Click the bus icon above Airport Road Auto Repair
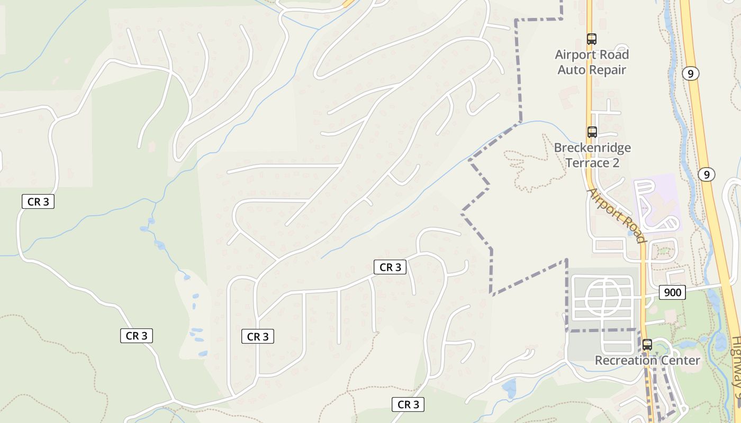(x=592, y=39)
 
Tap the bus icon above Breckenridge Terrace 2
(x=592, y=132)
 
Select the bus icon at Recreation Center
(x=647, y=345)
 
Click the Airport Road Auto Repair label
(x=592, y=62)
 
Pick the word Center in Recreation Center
(x=679, y=361)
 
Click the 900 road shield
(x=672, y=292)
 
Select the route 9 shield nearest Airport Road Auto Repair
(x=690, y=73)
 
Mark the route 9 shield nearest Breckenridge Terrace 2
(x=706, y=174)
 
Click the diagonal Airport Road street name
(x=617, y=215)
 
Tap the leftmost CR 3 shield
(x=38, y=201)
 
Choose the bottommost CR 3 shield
(x=408, y=404)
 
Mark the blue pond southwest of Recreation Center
(x=509, y=389)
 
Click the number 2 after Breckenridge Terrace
(x=615, y=162)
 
